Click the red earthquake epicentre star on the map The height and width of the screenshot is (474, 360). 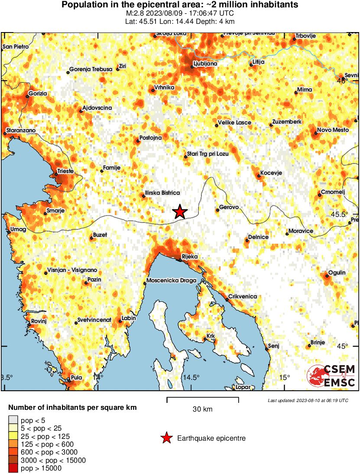point(180,212)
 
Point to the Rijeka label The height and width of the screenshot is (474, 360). point(189,257)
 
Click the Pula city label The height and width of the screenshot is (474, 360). point(76,377)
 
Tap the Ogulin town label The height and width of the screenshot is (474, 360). point(337,272)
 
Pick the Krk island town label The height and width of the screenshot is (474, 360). point(211,336)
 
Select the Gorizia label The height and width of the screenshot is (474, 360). point(37,93)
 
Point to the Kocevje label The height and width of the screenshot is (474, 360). point(271,173)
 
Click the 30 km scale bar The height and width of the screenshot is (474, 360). point(202,397)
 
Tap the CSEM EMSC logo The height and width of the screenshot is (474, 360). point(332,376)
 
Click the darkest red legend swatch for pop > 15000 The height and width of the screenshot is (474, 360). point(13,468)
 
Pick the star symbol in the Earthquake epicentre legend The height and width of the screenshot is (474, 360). point(166,438)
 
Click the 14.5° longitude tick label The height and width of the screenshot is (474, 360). point(191,377)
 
